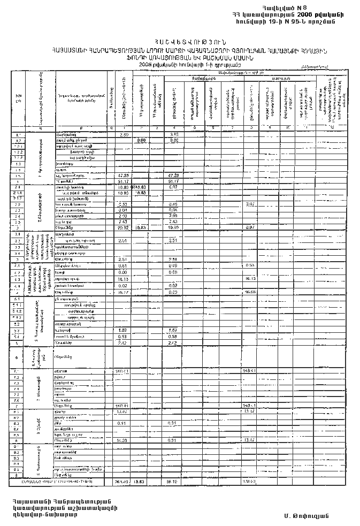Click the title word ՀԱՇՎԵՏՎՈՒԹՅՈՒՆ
[x=182, y=42]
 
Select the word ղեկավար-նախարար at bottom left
[x=46, y=515]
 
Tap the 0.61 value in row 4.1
[x=123, y=266]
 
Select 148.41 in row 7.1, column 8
[x=250, y=371]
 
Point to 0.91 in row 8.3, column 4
[x=173, y=423]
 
